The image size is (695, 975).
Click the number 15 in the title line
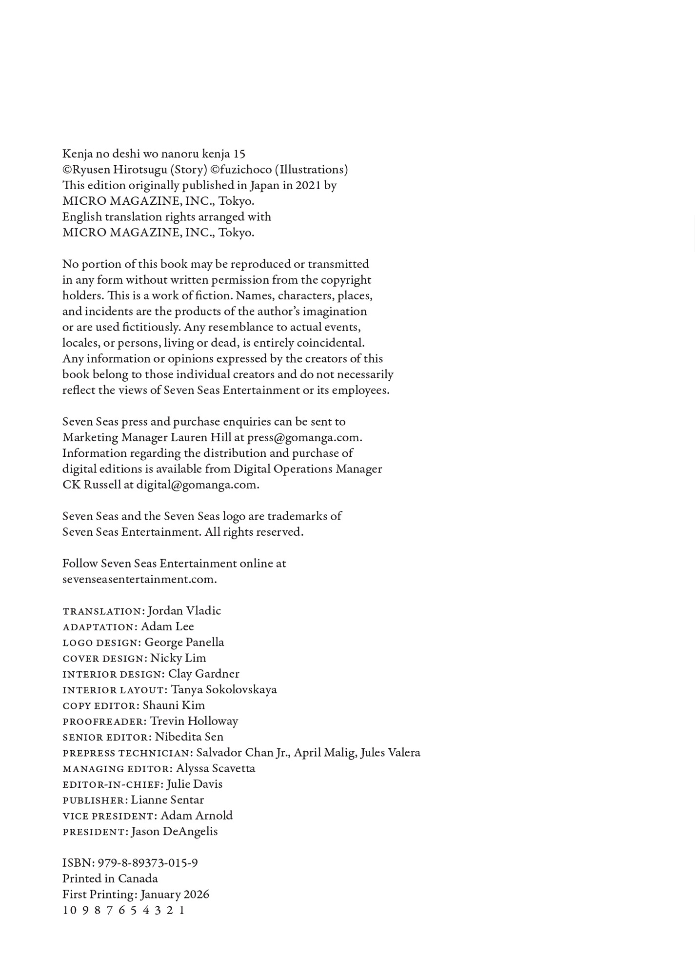coord(239,154)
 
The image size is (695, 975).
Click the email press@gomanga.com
coord(304,437)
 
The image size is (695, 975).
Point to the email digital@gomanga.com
coord(197,485)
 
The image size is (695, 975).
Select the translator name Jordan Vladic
coord(184,611)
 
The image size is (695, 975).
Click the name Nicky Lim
coord(178,658)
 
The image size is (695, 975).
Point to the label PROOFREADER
coord(104,721)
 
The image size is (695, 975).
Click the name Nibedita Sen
coord(189,737)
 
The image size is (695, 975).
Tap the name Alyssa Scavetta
coord(216,768)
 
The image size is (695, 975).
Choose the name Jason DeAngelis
coord(175,832)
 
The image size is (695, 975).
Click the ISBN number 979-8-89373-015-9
coord(148,863)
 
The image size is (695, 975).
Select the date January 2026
coord(175,895)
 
